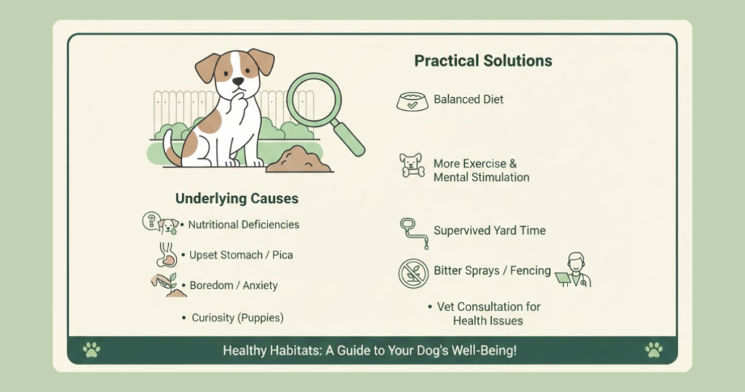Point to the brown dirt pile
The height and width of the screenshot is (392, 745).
(298, 160)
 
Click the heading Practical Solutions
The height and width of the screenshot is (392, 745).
(483, 61)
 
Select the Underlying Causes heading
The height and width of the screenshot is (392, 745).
(236, 198)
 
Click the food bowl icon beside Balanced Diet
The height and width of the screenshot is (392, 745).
(412, 101)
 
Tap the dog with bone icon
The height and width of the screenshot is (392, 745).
(412, 165)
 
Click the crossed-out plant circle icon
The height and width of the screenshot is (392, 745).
(413, 273)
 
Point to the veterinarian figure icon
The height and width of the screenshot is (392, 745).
(574, 270)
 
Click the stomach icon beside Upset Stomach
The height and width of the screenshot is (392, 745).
(167, 255)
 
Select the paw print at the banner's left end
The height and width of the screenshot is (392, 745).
(91, 350)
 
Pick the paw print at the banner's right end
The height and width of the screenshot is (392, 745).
(654, 350)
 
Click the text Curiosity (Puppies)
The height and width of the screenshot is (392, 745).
(238, 318)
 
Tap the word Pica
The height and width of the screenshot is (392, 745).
(282, 255)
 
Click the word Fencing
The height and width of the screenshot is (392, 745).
(530, 271)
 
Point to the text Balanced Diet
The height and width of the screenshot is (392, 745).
(469, 99)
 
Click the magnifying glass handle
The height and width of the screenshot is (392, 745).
(348, 138)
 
